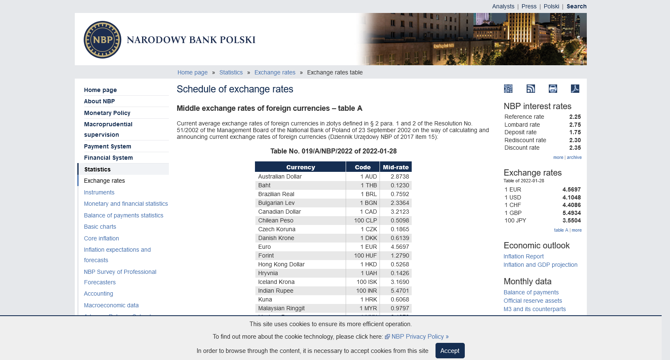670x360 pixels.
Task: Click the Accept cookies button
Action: coord(450,351)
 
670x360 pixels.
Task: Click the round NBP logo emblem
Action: coord(102,40)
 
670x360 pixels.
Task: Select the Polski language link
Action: coord(551,6)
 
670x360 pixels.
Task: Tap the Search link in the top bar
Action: coord(576,6)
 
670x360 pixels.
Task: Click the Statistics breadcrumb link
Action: coord(231,72)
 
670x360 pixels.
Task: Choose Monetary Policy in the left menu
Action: coord(107,113)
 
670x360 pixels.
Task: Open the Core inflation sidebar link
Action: coord(102,238)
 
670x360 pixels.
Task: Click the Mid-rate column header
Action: coord(395,167)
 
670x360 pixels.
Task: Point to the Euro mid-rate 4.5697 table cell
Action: coord(400,247)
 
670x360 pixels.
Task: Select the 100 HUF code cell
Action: coord(365,255)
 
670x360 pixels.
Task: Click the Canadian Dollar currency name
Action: coord(279,212)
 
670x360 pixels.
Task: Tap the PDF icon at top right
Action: coord(575,89)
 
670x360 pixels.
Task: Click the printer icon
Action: coord(553,89)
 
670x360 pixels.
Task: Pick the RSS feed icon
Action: coord(531,89)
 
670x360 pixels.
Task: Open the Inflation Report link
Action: coord(523,256)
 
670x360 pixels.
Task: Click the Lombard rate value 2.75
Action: coord(575,125)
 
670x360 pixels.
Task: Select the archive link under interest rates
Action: coord(574,158)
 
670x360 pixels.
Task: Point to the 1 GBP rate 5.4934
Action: coord(571,213)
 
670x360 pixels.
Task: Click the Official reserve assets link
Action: coord(532,301)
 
